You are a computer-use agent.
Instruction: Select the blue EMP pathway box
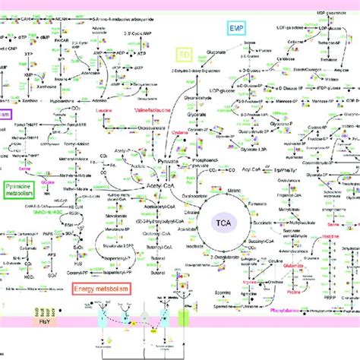click(237, 28)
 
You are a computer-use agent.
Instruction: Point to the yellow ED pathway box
click(183, 55)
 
